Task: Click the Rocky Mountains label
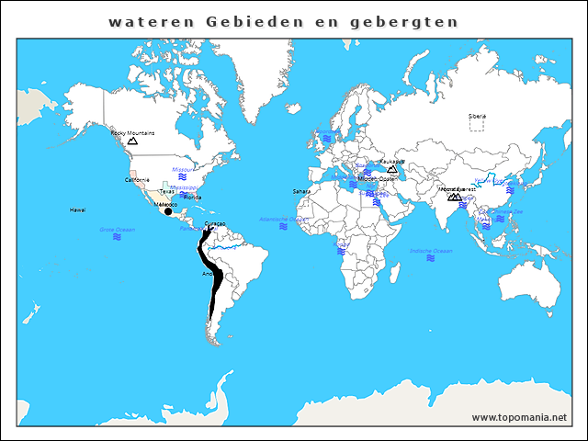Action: [132, 132]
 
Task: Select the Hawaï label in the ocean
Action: [78, 210]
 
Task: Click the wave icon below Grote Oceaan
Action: [118, 237]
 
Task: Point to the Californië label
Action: [138, 180]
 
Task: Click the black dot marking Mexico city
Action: [167, 211]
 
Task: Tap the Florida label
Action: [192, 197]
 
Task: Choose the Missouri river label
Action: [184, 169]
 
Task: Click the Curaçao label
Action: [215, 223]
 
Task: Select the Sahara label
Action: [301, 191]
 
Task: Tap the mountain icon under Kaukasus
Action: [392, 169]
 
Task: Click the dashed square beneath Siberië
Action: [477, 125]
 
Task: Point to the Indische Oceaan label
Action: [431, 250]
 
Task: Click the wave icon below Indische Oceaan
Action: [431, 259]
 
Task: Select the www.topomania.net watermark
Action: [519, 417]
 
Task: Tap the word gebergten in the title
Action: [410, 20]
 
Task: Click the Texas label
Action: [166, 191]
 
